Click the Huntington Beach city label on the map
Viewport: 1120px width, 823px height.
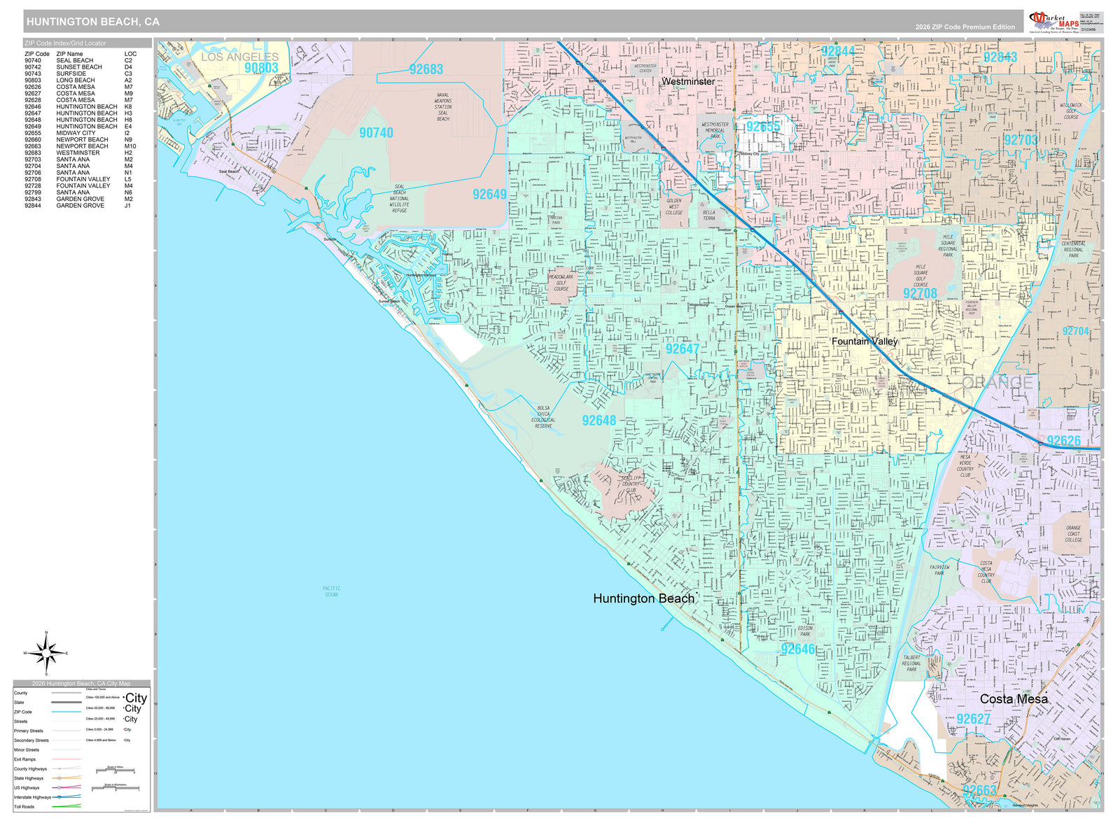point(643,598)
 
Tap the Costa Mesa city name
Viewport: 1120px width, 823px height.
point(1014,698)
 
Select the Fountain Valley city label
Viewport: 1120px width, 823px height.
point(864,341)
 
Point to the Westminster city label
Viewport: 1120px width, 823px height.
point(688,81)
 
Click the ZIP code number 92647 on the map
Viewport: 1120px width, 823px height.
point(682,349)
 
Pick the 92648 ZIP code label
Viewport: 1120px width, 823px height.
point(599,420)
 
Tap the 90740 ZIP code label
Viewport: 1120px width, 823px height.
point(376,132)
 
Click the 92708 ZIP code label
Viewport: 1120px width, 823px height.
point(920,293)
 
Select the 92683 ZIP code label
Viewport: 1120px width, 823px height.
point(426,69)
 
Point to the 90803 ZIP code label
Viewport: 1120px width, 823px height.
point(261,68)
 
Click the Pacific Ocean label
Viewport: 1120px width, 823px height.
point(331,591)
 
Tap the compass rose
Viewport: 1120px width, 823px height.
point(46,654)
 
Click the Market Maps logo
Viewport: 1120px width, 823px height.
point(1053,21)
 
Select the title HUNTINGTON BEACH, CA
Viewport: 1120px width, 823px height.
point(93,22)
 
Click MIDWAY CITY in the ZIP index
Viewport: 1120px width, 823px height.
point(76,133)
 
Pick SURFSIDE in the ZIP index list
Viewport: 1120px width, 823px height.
point(71,73)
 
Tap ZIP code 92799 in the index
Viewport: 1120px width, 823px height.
point(33,192)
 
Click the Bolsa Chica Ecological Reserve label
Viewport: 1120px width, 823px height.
point(543,416)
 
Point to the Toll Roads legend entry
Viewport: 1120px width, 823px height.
point(24,807)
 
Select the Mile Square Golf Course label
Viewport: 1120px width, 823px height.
point(920,276)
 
